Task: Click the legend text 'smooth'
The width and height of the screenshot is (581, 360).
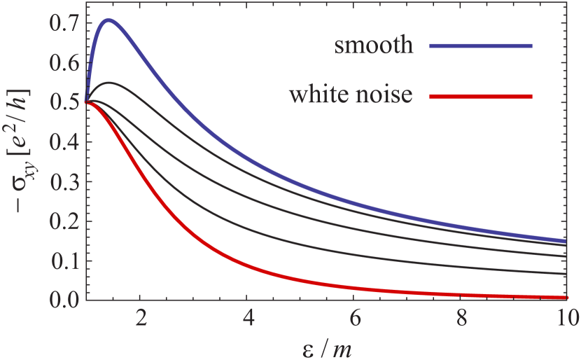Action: pos(374,46)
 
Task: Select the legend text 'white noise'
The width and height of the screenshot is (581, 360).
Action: pos(351,95)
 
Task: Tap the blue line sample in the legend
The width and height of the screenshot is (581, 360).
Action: pos(482,46)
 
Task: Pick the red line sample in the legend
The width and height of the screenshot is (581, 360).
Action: pos(482,96)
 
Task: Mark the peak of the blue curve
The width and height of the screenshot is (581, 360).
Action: pos(108,20)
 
